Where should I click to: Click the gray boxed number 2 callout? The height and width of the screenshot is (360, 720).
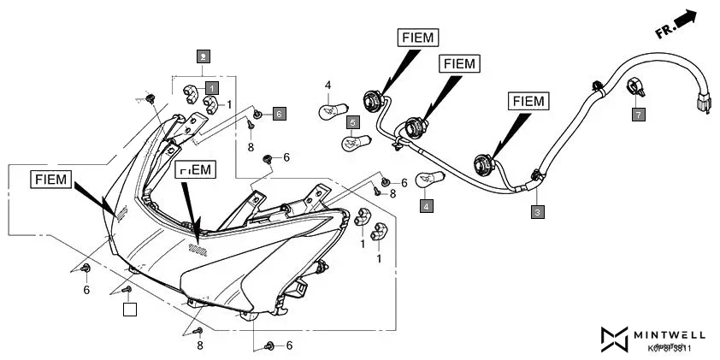click(202, 57)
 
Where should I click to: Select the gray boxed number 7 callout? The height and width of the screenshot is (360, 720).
click(638, 113)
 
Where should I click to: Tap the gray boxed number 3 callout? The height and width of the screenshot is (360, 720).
click(536, 211)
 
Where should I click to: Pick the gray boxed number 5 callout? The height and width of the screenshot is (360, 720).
click(352, 123)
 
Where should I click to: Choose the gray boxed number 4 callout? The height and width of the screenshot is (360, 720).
click(426, 206)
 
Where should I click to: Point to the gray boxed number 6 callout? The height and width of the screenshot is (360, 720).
click(280, 113)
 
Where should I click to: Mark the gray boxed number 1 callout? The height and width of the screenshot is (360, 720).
click(211, 87)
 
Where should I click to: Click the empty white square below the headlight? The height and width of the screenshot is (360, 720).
click(129, 310)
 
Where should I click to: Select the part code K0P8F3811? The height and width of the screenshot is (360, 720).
click(669, 348)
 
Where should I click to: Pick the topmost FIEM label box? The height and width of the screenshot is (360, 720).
click(417, 37)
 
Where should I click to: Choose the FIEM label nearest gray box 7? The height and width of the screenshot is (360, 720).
click(528, 101)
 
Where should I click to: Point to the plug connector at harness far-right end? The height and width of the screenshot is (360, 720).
click(702, 103)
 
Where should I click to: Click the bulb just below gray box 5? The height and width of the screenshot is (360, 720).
click(356, 142)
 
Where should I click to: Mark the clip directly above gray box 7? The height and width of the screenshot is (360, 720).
click(634, 86)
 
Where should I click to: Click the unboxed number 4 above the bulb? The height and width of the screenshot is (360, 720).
click(327, 85)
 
